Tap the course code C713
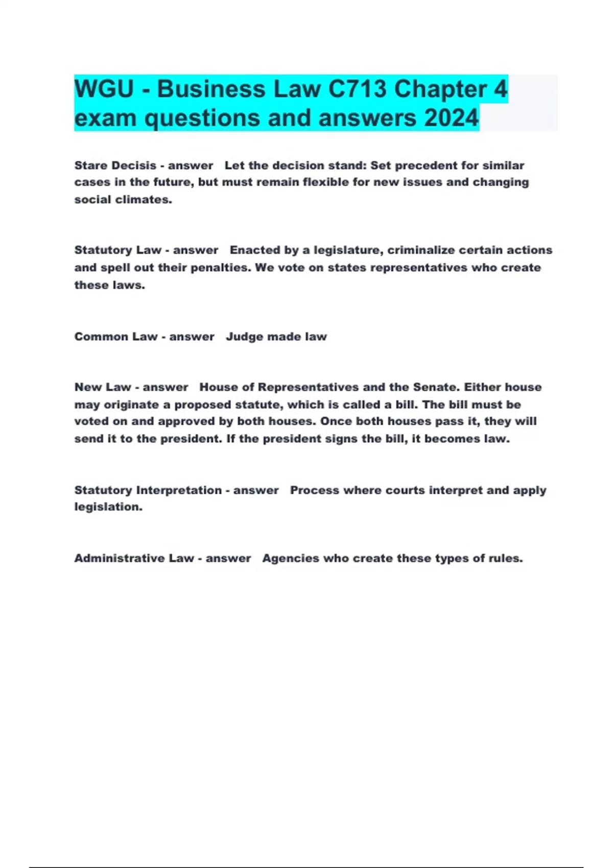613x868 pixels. pyautogui.click(x=357, y=89)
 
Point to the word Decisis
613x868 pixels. pyautogui.click(x=134, y=165)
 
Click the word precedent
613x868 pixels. pyautogui.click(x=423, y=165)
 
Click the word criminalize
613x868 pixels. pyautogui.click(x=421, y=250)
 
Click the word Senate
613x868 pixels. pyautogui.click(x=435, y=387)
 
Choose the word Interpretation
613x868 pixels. pyautogui.click(x=179, y=490)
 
